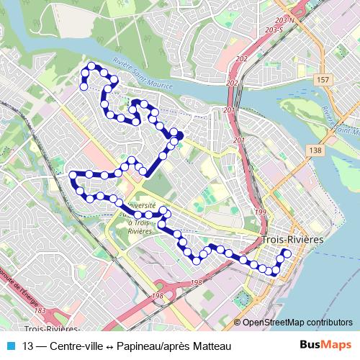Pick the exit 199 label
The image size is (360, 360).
(261, 212)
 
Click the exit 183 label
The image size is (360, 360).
(40, 310)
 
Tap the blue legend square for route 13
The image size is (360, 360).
(11, 346)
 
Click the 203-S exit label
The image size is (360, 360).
(273, 31)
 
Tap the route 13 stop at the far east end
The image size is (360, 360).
(287, 253)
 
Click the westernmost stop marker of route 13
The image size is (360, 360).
(72, 174)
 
